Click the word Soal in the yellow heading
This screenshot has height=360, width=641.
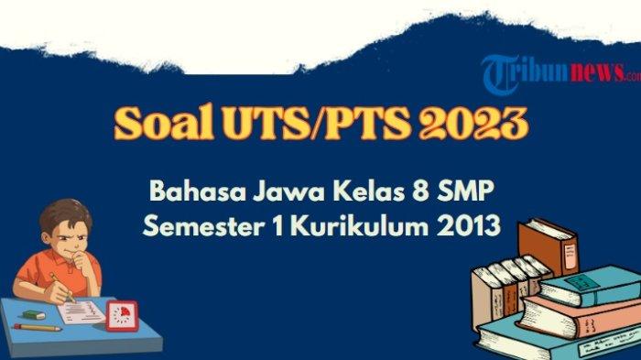tap(164, 123)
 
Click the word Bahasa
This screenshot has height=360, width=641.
tap(198, 191)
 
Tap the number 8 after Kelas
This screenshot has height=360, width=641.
tap(419, 191)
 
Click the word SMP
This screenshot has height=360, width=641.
tap(465, 191)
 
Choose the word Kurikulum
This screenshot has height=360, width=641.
tap(360, 225)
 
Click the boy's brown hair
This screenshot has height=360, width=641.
tap(65, 214)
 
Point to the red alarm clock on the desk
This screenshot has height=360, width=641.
tap(122, 316)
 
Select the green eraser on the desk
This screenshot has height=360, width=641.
tap(34, 315)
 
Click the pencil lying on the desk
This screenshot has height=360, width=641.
tap(38, 328)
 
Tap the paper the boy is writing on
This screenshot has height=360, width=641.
tap(81, 311)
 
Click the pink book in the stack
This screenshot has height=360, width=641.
tap(581, 316)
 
